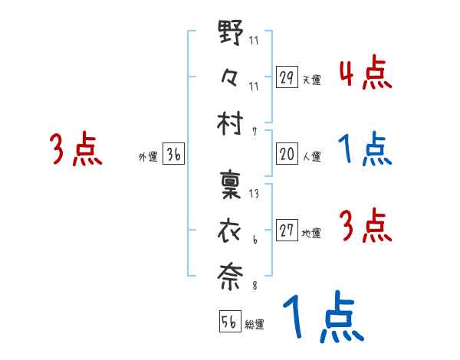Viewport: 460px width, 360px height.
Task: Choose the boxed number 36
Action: point(173,154)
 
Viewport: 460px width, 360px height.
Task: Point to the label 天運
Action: point(311,80)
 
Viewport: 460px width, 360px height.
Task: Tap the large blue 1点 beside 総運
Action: point(321,316)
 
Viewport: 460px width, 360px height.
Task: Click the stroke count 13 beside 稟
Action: point(254,193)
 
